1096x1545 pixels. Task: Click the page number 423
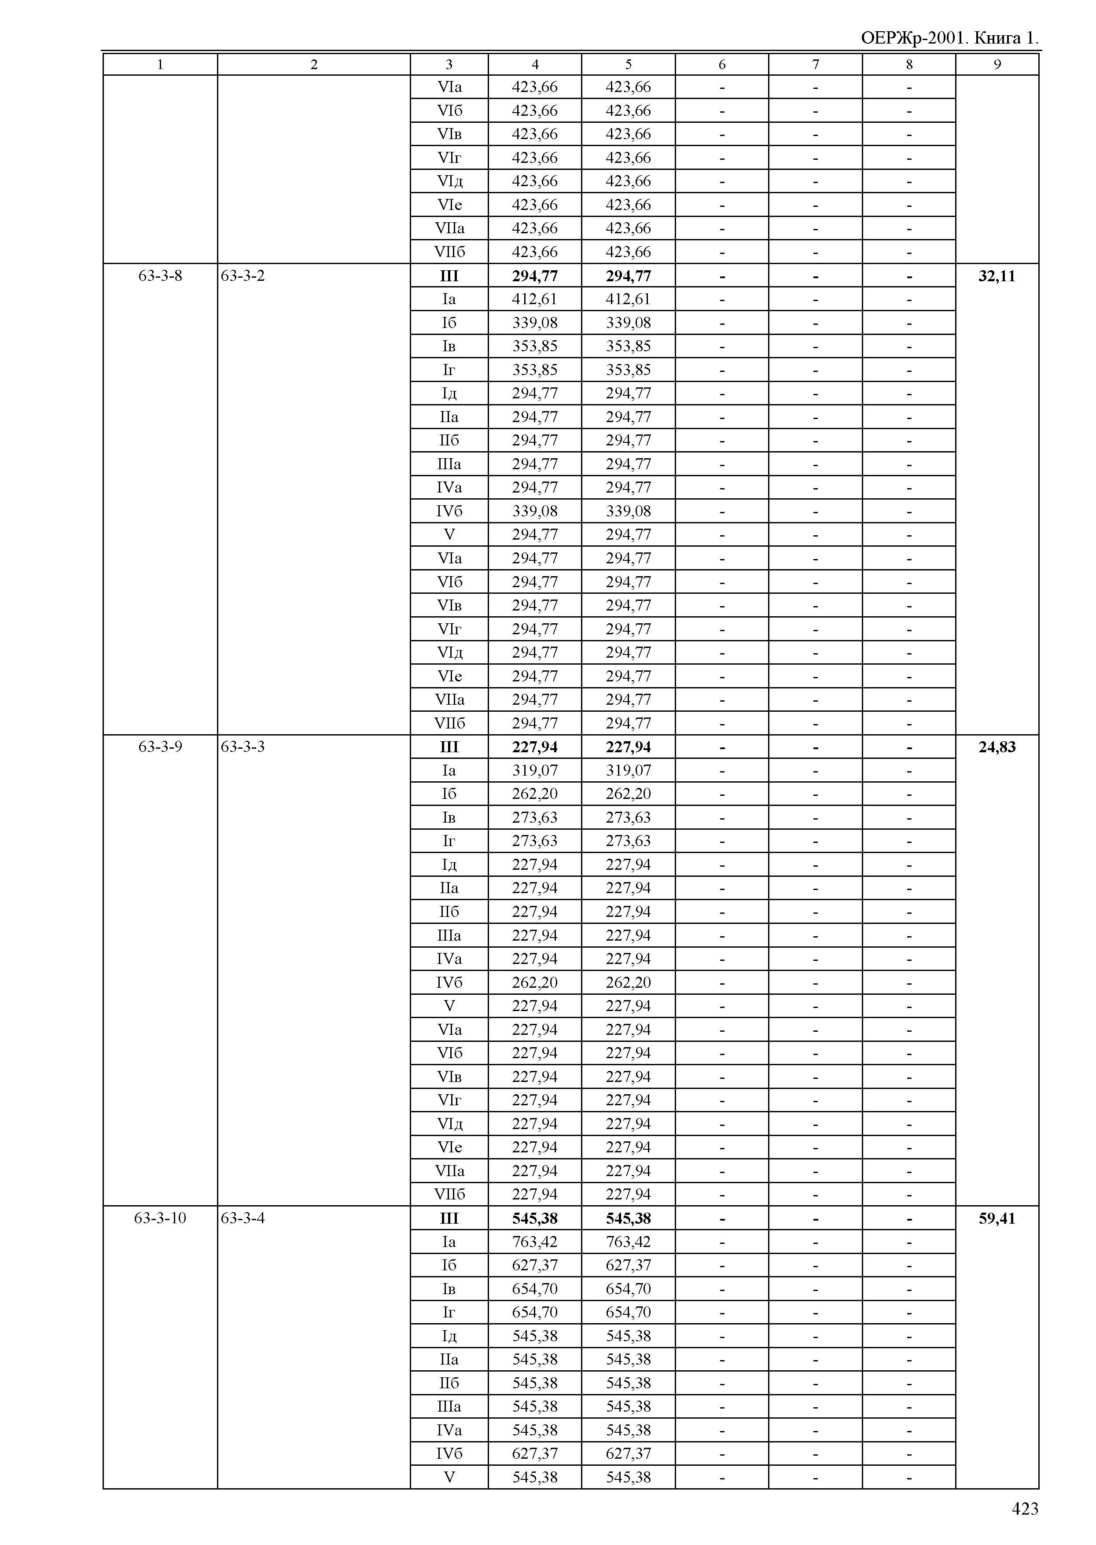click(1024, 1508)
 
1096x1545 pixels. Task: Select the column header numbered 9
click(997, 65)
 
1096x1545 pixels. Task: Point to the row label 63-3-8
click(160, 276)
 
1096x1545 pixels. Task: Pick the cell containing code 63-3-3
click(243, 747)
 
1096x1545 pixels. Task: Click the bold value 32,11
click(997, 276)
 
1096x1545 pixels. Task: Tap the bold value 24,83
click(997, 747)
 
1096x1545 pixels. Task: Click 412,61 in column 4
click(534, 299)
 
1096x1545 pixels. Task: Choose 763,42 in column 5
click(628, 1242)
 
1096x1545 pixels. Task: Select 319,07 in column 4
click(534, 770)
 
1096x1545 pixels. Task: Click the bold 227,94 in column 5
click(628, 747)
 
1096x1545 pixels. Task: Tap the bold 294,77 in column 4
click(534, 276)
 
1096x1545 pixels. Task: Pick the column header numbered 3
click(449, 65)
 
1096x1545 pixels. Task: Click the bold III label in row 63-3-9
click(449, 747)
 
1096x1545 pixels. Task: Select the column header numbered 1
click(160, 65)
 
